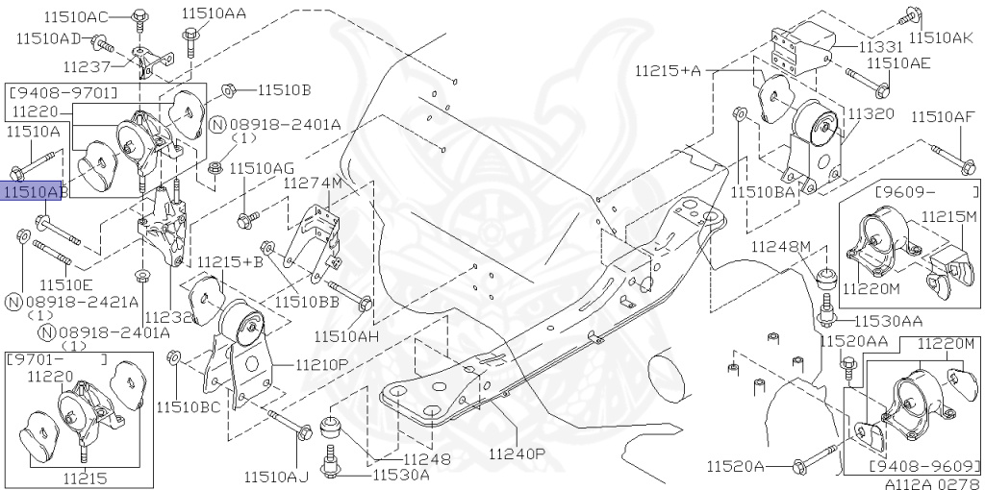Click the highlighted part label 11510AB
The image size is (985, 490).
(x=35, y=192)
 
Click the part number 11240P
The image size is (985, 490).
(x=517, y=453)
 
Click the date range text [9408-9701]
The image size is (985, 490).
(x=62, y=92)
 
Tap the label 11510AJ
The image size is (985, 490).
(x=275, y=476)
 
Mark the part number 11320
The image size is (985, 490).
(x=871, y=113)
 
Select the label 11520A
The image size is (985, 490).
(x=734, y=467)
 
